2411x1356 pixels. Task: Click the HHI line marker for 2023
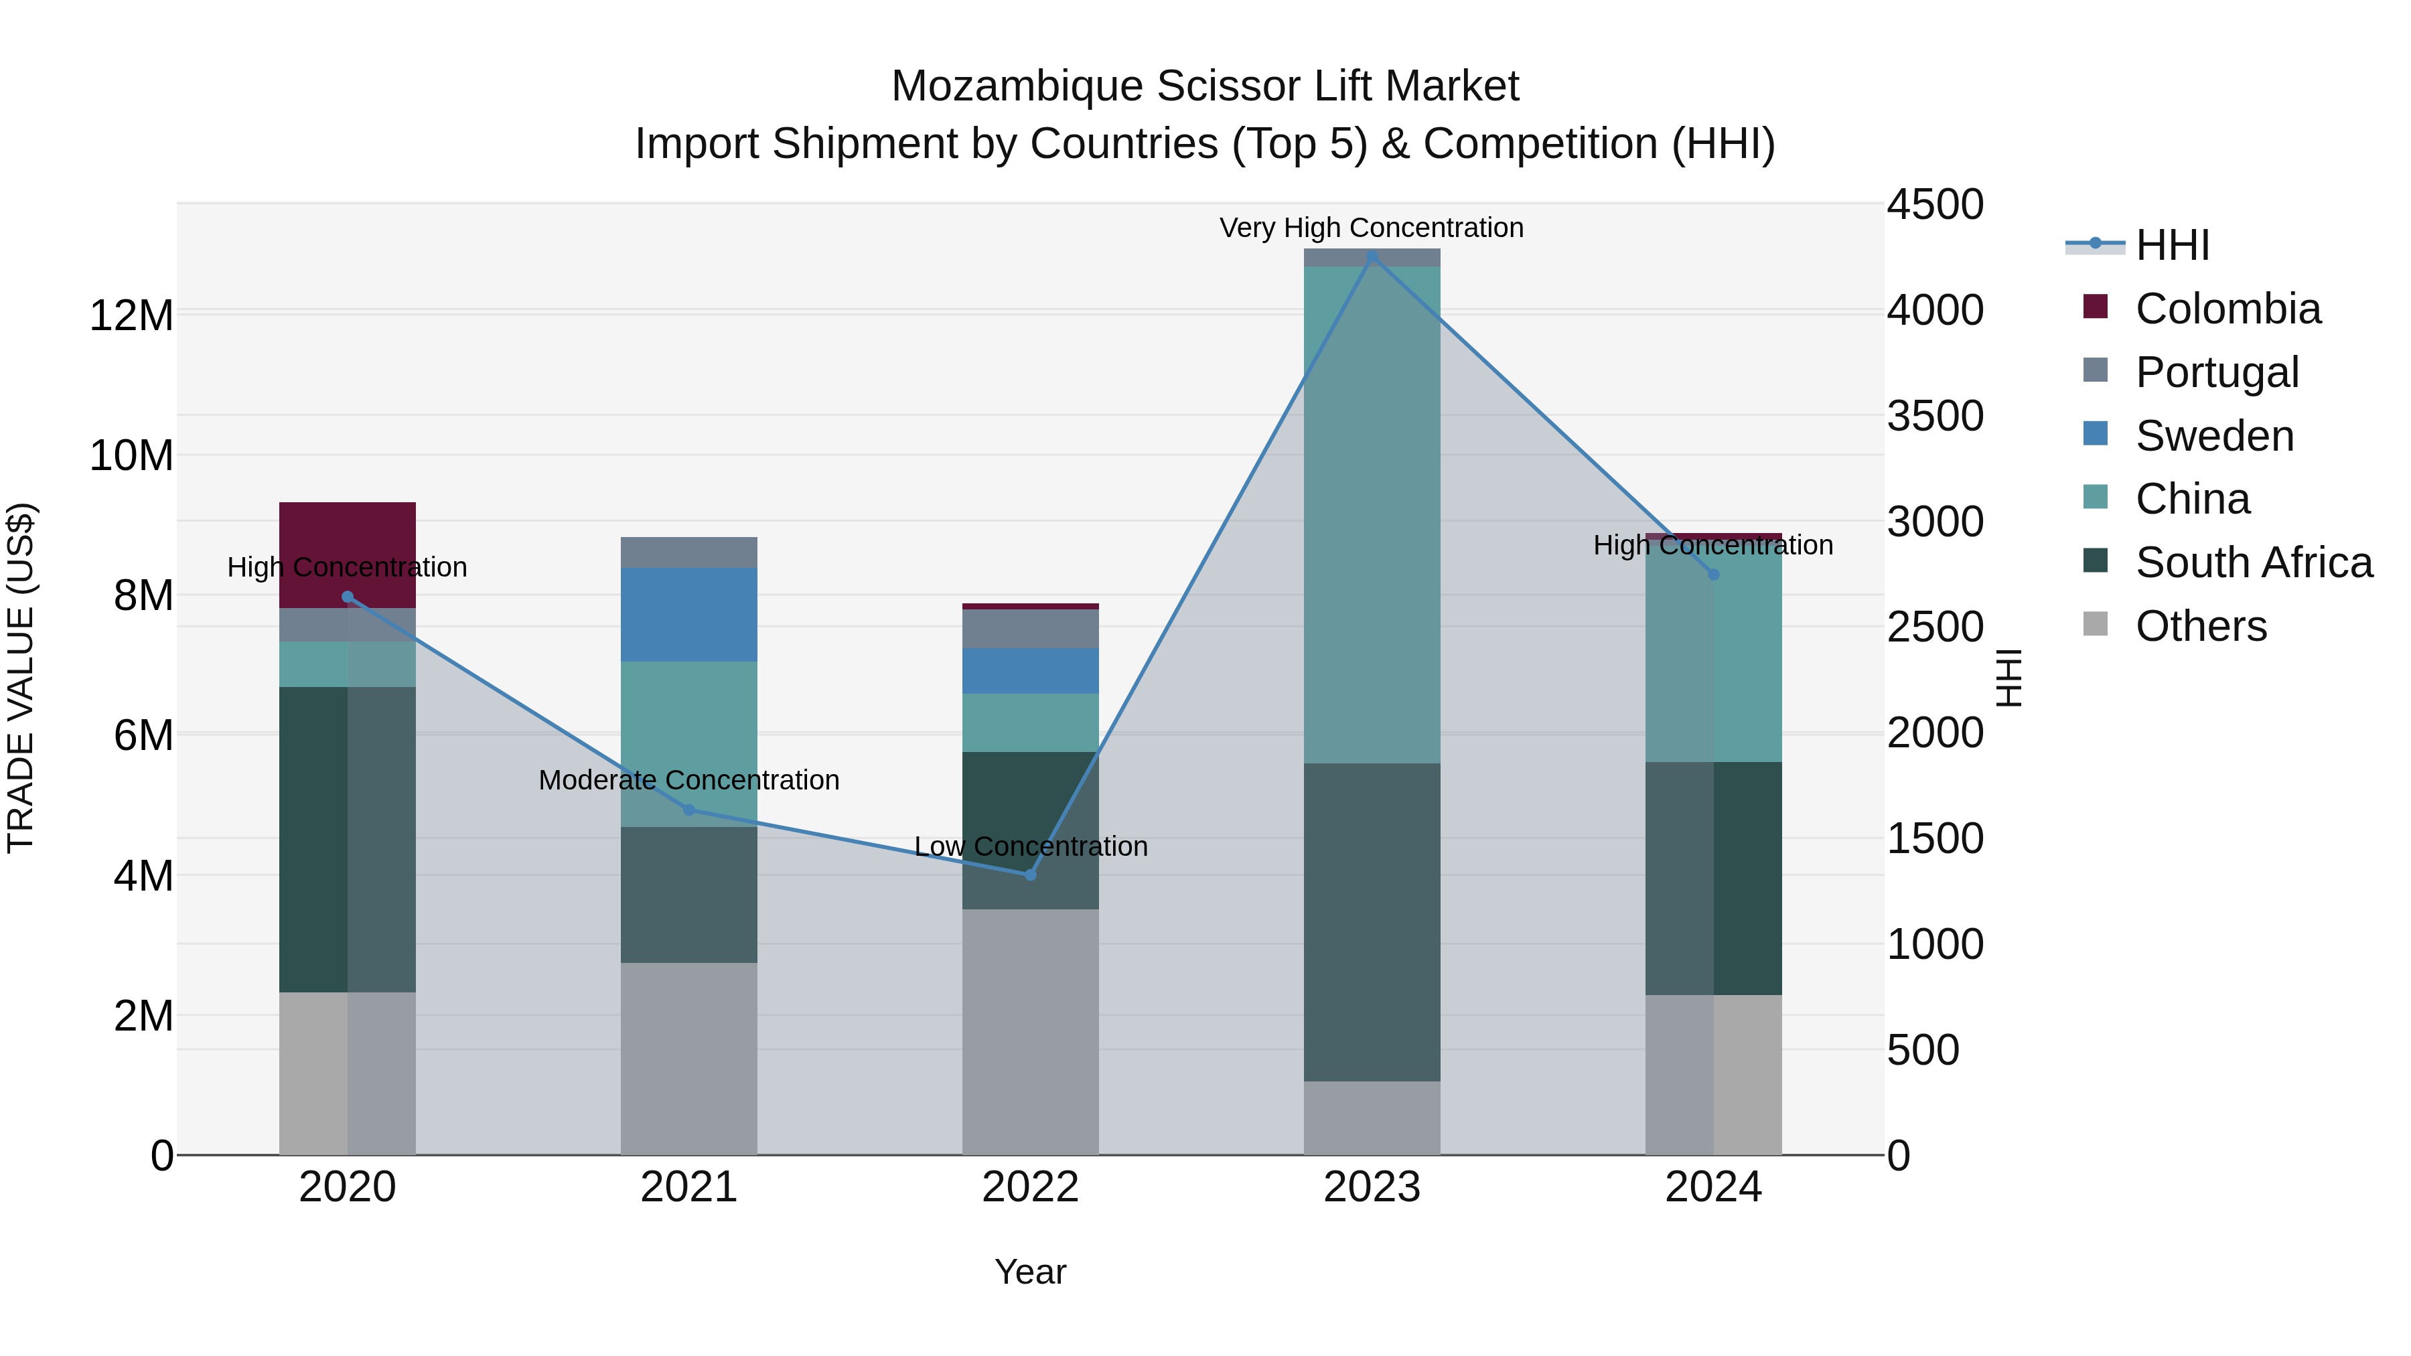tap(1372, 256)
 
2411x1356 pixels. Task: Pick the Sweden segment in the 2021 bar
tap(689, 615)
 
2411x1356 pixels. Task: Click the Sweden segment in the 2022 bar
tap(1031, 671)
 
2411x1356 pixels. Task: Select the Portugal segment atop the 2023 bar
tap(1372, 257)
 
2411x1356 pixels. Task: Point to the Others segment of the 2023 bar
tap(1372, 1118)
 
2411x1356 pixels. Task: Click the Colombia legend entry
tap(2227, 309)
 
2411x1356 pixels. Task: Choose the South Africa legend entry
tap(2254, 562)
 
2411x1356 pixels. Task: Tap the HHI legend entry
tap(2171, 245)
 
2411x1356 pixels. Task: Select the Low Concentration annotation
tap(1031, 846)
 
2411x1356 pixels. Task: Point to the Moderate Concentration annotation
tap(689, 779)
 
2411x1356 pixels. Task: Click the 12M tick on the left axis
tap(131, 315)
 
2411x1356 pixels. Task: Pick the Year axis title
tap(1031, 1272)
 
